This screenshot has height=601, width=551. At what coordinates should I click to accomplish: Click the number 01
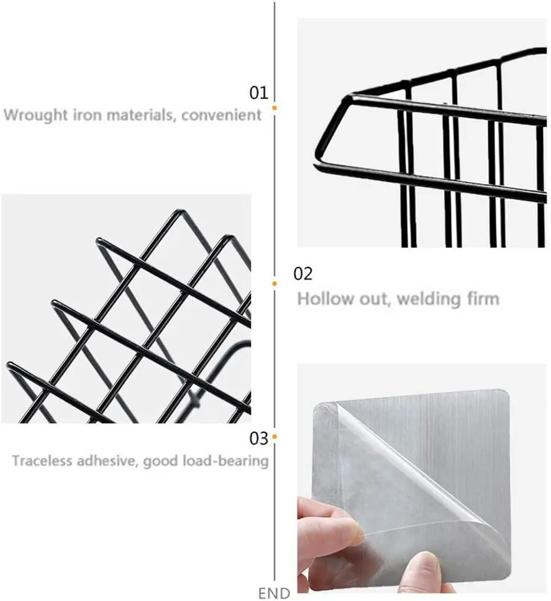click(258, 93)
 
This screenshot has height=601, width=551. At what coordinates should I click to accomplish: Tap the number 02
click(303, 274)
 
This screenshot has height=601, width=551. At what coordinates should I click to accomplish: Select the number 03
click(258, 438)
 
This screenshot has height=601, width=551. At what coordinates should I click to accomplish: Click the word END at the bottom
click(274, 593)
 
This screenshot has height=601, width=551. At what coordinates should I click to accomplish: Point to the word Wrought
click(35, 115)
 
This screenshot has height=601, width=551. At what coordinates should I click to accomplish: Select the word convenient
click(222, 114)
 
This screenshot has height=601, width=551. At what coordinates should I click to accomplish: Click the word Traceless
click(42, 460)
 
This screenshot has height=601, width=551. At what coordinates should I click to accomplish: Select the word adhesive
click(107, 460)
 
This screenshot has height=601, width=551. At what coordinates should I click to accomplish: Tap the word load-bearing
click(225, 461)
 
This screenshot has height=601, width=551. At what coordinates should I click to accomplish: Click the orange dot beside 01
click(275, 108)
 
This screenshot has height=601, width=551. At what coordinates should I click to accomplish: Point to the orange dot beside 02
click(275, 284)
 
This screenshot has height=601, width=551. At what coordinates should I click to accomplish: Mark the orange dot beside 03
click(275, 437)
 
